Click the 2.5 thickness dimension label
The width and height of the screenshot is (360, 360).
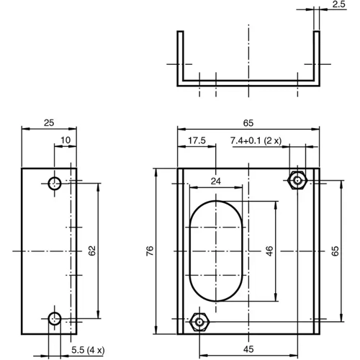tap(339, 4)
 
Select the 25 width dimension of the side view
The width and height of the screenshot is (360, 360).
tap(48, 123)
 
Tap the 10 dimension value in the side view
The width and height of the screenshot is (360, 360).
tap(66, 139)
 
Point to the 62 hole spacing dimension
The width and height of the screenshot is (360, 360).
tap(92, 251)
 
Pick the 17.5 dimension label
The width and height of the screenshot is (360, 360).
tap(197, 140)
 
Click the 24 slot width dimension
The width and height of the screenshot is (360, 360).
tap(217, 181)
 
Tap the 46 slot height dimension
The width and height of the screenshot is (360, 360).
tap(269, 251)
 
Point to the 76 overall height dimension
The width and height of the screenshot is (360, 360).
tap(150, 251)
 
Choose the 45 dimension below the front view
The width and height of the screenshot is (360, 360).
tap(248, 351)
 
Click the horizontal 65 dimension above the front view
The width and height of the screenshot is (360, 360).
tap(248, 123)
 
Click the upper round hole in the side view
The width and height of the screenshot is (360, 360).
tap(55, 183)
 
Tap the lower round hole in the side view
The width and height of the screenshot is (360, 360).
tap(55, 318)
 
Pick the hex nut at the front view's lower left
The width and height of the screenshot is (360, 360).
tap(199, 321)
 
